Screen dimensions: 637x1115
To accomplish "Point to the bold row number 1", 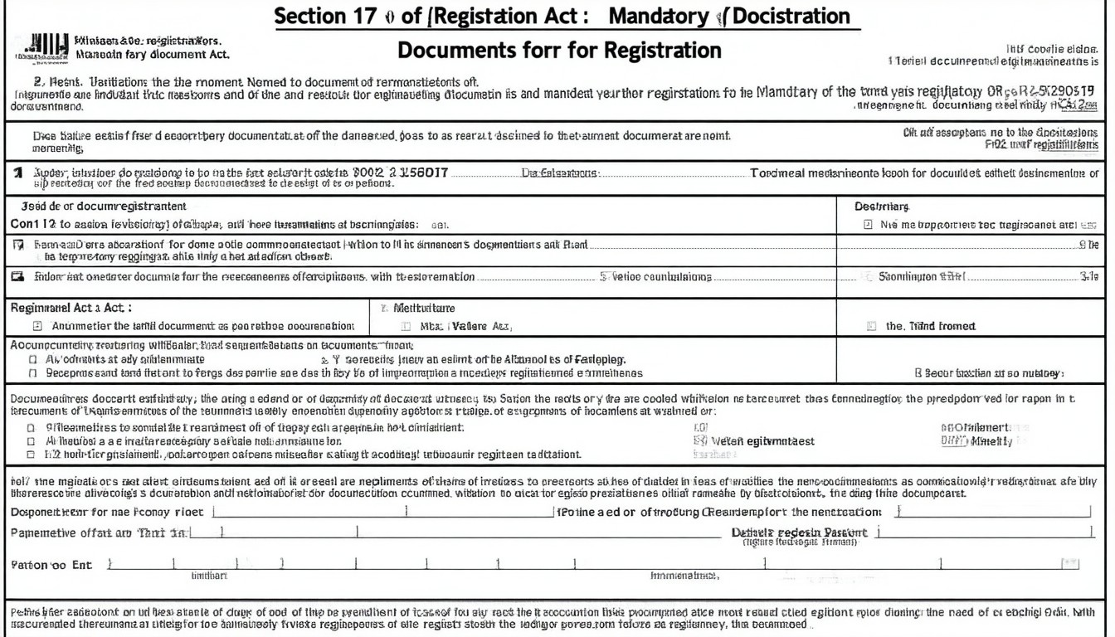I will (17, 173).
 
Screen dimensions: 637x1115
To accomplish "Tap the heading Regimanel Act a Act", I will (70, 308).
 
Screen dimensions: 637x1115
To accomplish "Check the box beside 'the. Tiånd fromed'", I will (871, 327).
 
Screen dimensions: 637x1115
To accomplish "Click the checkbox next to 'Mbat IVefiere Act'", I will (407, 327).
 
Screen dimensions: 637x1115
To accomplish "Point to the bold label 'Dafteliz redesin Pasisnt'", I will (799, 532).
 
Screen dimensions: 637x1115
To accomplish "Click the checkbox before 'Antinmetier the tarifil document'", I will (37, 327).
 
